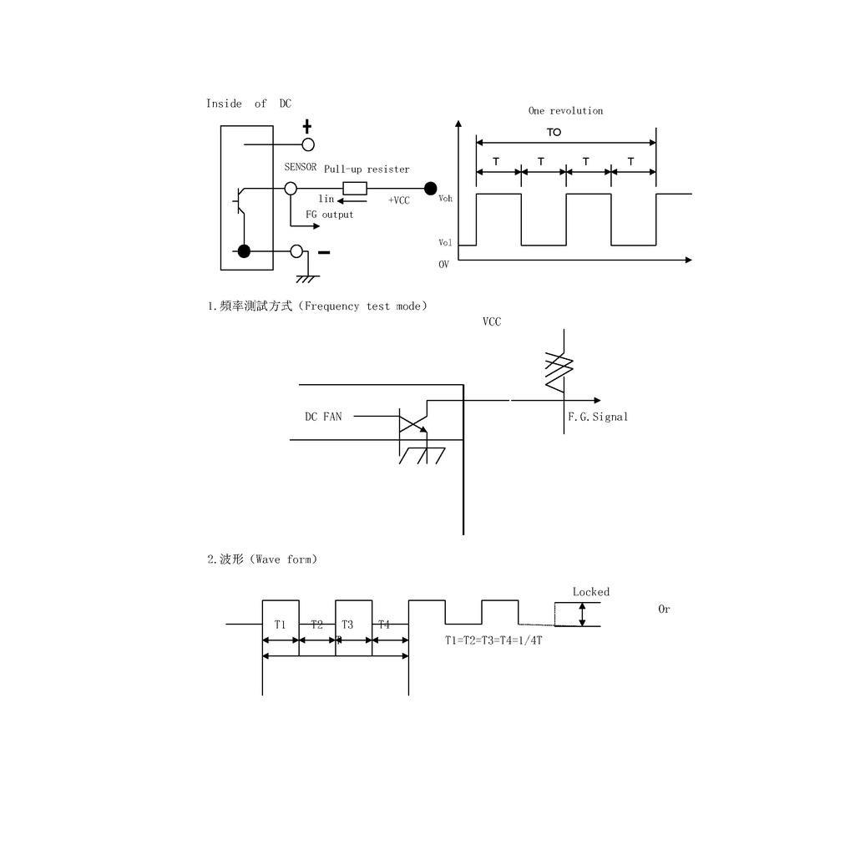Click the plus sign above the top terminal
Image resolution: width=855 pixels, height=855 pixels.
(307, 127)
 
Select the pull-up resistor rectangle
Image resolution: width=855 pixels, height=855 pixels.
(355, 189)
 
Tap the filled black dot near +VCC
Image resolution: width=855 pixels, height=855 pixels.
(430, 189)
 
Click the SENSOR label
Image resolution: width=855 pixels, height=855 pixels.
(301, 167)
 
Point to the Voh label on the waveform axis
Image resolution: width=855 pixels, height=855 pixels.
(446, 199)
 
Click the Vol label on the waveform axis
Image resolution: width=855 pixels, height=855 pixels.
(445, 243)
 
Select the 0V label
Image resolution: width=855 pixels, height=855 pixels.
(444, 265)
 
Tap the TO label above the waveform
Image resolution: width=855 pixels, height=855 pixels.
(554, 133)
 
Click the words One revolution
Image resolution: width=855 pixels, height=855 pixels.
(565, 111)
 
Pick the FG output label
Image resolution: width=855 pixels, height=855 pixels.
(329, 215)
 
